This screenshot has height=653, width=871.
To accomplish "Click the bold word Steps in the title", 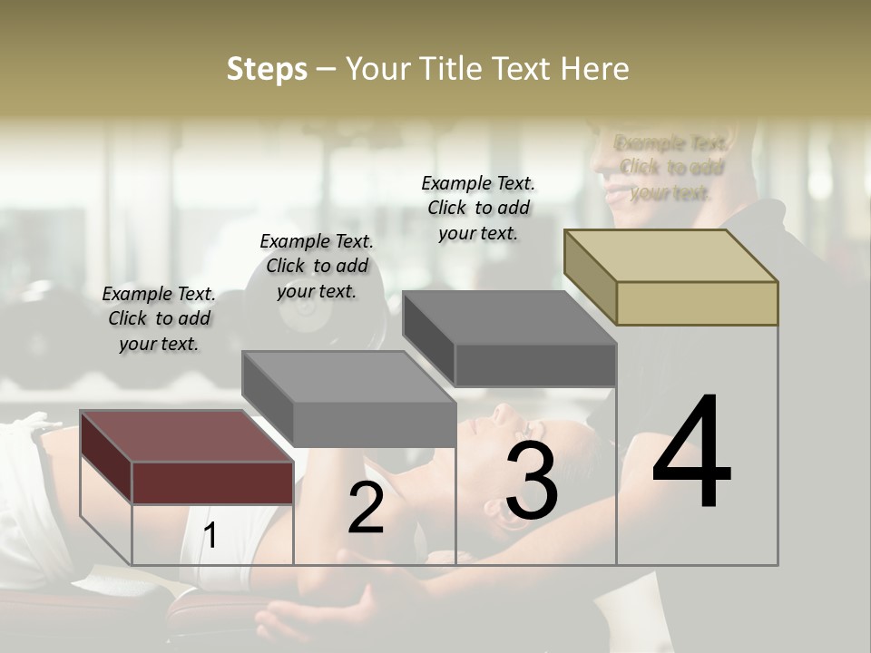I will click(x=267, y=70).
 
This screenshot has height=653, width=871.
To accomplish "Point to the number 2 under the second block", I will click(x=366, y=508).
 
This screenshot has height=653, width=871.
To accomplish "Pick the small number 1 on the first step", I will click(x=210, y=536).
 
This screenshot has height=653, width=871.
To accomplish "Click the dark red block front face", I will click(x=212, y=482).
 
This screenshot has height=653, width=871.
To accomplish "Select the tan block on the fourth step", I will click(x=697, y=303).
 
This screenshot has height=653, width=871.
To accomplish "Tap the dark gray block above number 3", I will click(x=535, y=365).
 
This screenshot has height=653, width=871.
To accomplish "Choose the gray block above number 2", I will click(x=374, y=424).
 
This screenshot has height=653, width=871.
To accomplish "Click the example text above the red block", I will click(x=159, y=318).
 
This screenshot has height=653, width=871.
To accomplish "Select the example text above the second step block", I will click(x=317, y=266).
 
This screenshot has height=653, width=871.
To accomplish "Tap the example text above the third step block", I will click(x=478, y=208).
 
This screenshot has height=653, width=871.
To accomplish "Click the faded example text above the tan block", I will click(x=670, y=168).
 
